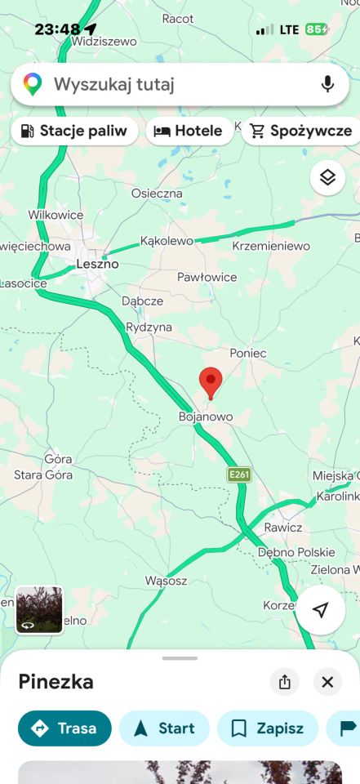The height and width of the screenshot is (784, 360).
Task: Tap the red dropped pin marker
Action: pos(211,381)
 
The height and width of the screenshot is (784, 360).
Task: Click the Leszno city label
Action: pos(97,264)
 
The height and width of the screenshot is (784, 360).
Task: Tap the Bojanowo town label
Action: pos(206,416)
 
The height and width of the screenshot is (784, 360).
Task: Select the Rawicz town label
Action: pos(283,527)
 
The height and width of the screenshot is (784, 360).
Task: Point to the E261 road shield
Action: pos(238,474)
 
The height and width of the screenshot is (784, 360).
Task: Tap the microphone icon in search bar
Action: pos(327,84)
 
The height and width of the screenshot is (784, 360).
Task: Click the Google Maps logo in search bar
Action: pos(33,84)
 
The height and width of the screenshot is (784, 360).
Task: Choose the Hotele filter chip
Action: pos(189,131)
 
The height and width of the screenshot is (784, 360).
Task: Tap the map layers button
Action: pos(327,177)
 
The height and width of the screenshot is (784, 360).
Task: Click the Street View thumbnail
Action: pos(39,609)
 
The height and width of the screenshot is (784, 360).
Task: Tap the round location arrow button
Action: pos(321,610)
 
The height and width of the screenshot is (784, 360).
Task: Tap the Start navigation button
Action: pos(164,728)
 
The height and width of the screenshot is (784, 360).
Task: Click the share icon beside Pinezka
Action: pos(285,682)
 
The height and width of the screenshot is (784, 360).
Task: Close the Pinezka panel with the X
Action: pos(327,682)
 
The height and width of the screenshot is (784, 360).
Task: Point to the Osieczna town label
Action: pos(157,194)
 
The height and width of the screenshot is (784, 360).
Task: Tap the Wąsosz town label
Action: pos(166,581)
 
